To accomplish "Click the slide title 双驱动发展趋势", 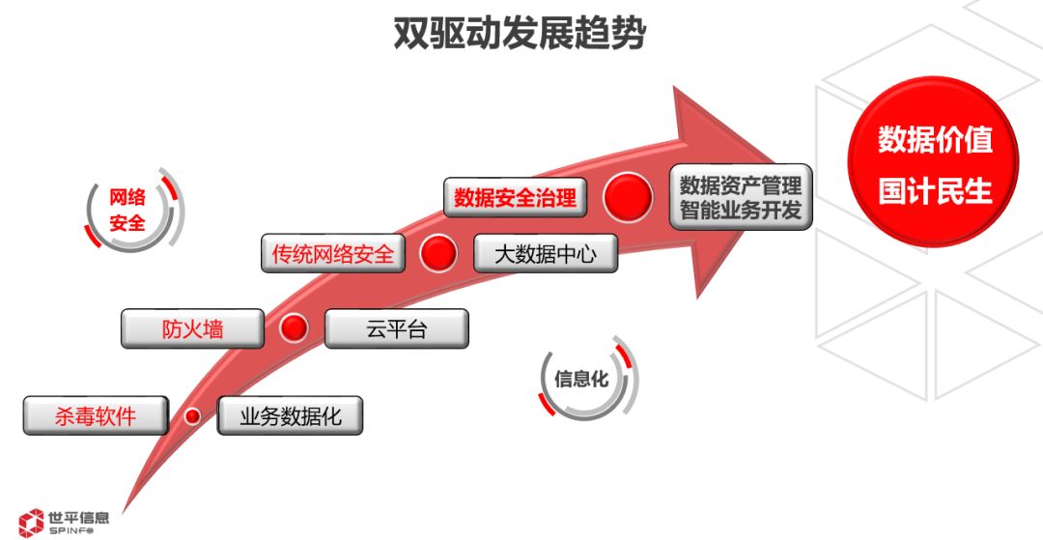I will [x=520, y=34].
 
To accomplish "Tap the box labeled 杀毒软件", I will [x=96, y=416].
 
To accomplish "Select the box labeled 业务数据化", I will [x=290, y=416].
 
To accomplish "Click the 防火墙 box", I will [x=192, y=328].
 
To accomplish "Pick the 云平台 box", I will [x=396, y=328].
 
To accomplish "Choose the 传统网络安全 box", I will [x=332, y=254].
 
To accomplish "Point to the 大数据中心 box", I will [x=545, y=254].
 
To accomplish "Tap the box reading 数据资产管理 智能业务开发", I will [x=741, y=196].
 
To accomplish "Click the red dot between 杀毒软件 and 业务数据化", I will [x=193, y=416].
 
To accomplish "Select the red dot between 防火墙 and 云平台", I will [x=294, y=328].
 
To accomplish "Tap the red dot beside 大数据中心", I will [x=438, y=253].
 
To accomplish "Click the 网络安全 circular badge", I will [x=128, y=210].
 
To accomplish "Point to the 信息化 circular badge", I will [x=581, y=379].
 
